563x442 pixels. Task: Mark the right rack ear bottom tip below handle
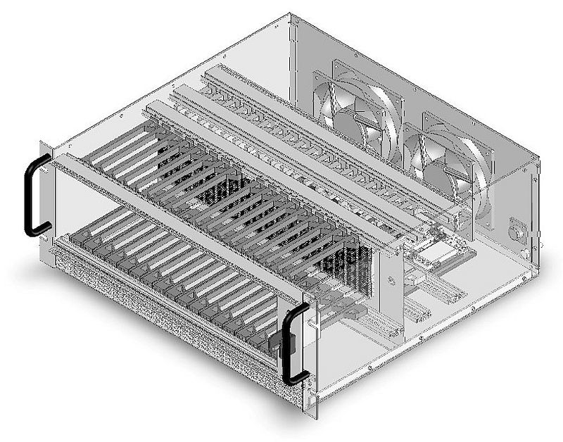click(x=305, y=407)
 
